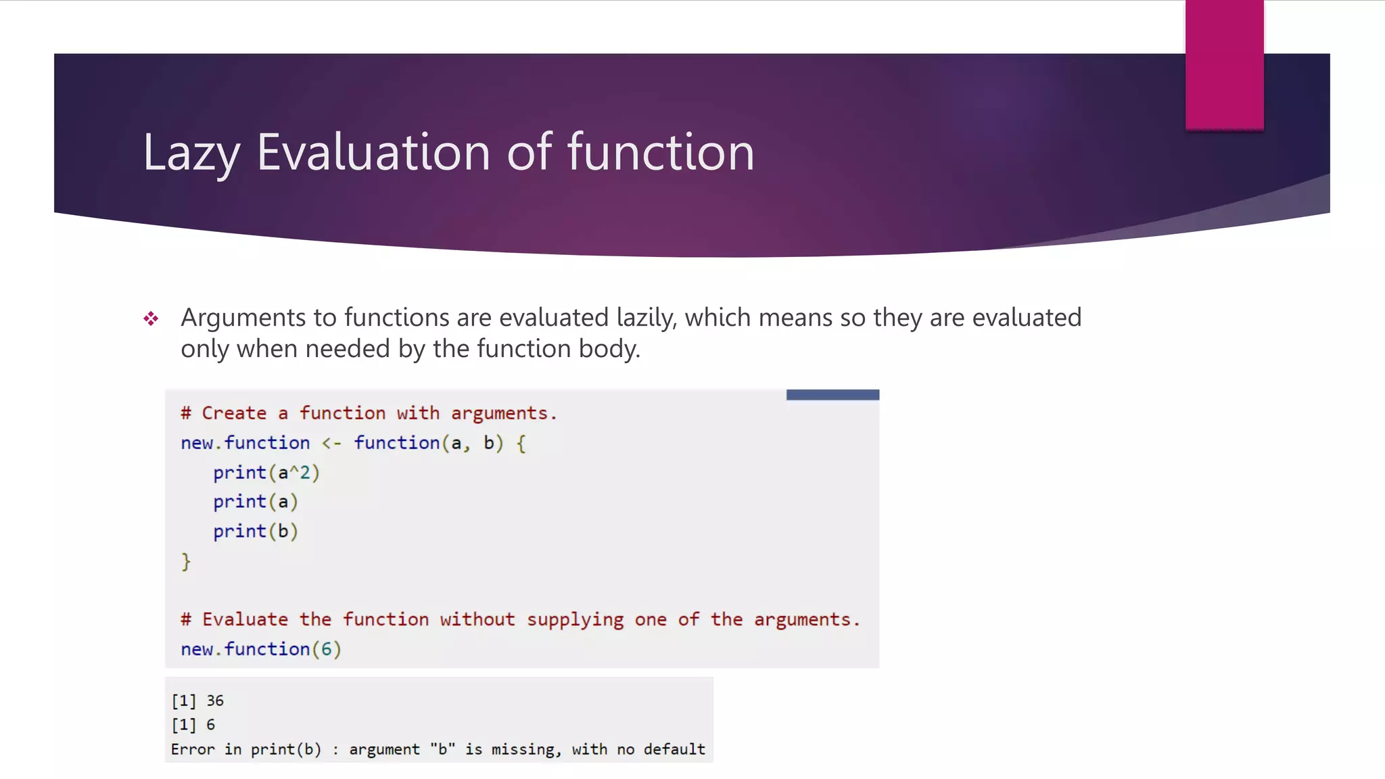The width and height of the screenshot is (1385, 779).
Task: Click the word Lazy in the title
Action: coord(191,153)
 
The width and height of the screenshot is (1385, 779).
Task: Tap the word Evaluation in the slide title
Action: coord(373,153)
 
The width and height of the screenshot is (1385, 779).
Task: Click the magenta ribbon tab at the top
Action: coord(1224,65)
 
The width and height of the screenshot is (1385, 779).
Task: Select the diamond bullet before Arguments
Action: coord(151,318)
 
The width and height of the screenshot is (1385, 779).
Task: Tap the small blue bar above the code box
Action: coord(832,395)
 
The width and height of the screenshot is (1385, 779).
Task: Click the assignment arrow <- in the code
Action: coord(331,444)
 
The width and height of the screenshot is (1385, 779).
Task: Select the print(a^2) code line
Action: coord(266,473)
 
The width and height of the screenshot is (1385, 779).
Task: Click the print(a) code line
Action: coord(255,502)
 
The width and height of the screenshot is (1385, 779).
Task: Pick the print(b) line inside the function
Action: coord(255,532)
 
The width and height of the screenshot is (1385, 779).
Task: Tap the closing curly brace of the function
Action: coord(186,561)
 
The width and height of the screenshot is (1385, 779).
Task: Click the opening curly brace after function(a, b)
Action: coord(521,444)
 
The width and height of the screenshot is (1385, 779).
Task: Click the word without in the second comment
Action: coord(477,619)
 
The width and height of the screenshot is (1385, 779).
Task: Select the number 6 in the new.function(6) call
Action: coord(327,649)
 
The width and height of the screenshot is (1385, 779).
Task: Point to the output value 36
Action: coord(215,701)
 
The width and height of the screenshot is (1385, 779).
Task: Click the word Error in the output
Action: coord(193,749)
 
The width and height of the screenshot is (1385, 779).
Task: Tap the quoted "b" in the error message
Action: coord(442,749)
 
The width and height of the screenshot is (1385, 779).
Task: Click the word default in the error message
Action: coord(674,749)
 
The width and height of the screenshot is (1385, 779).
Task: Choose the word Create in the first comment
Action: coord(234,413)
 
